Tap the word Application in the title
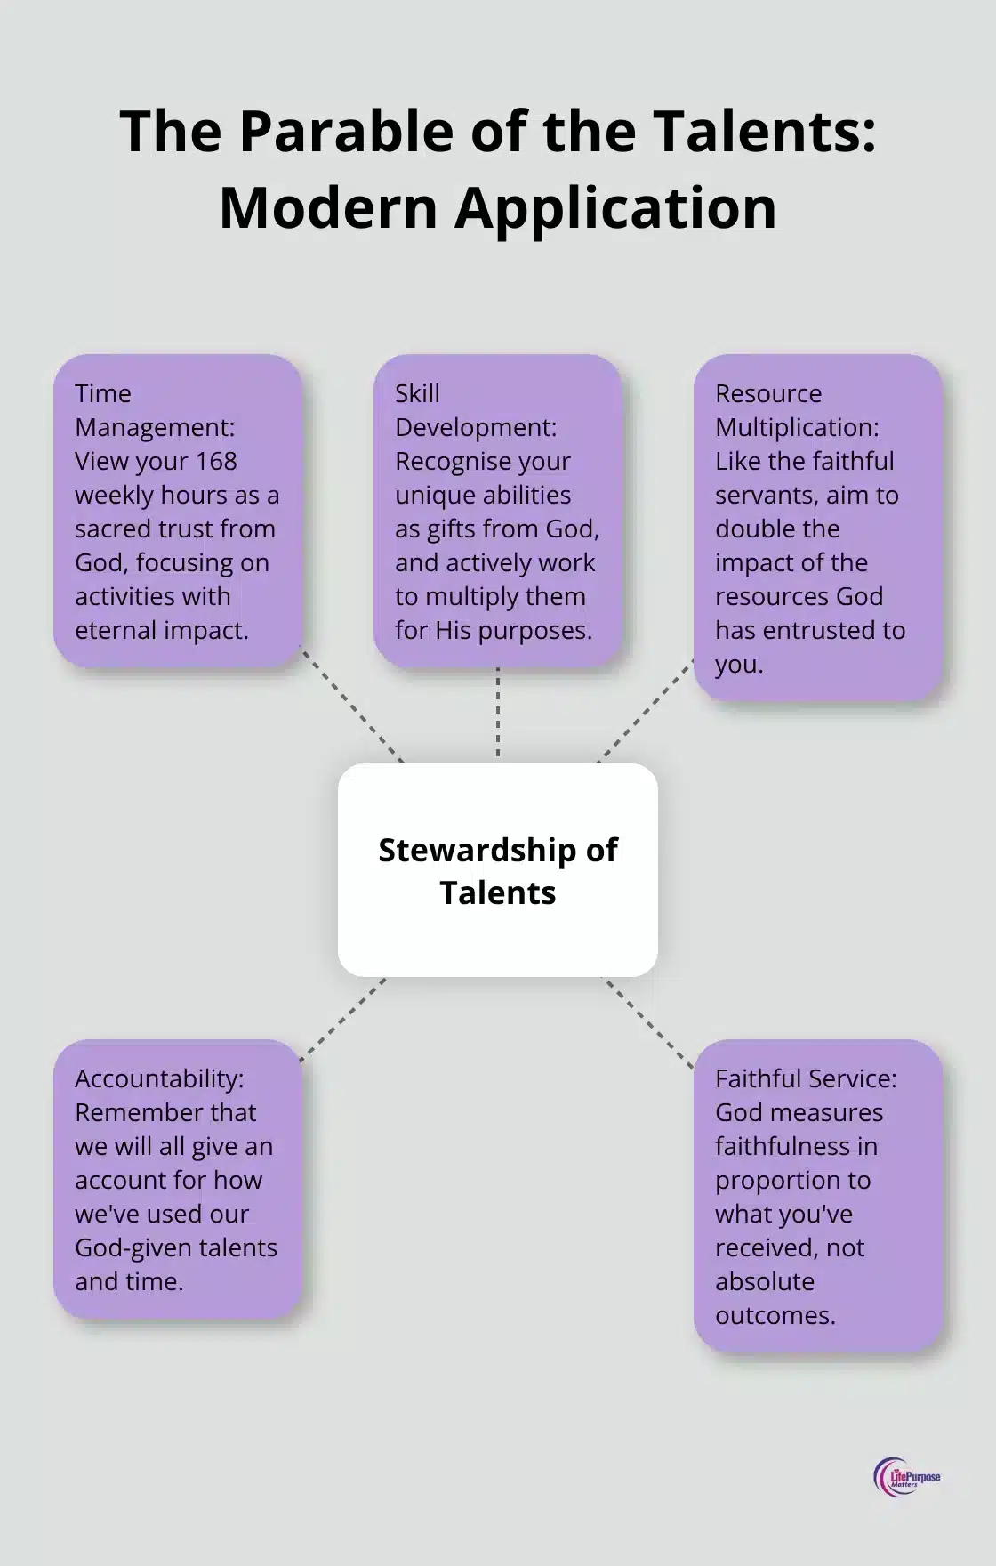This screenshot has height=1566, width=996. point(615,207)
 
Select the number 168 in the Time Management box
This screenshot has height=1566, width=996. point(217,461)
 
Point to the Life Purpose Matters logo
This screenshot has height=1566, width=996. point(906,1478)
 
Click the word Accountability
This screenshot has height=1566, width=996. point(158,1078)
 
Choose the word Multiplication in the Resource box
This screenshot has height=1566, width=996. point(797,427)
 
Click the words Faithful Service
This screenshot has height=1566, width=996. point(806,1078)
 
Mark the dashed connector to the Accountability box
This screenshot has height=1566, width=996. point(343,1020)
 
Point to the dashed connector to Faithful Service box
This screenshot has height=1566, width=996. point(648,1022)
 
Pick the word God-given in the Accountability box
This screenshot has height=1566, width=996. point(130,1247)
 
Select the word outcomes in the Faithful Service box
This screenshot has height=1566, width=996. point(775,1315)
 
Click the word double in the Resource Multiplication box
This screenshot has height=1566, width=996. point(776,529)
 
